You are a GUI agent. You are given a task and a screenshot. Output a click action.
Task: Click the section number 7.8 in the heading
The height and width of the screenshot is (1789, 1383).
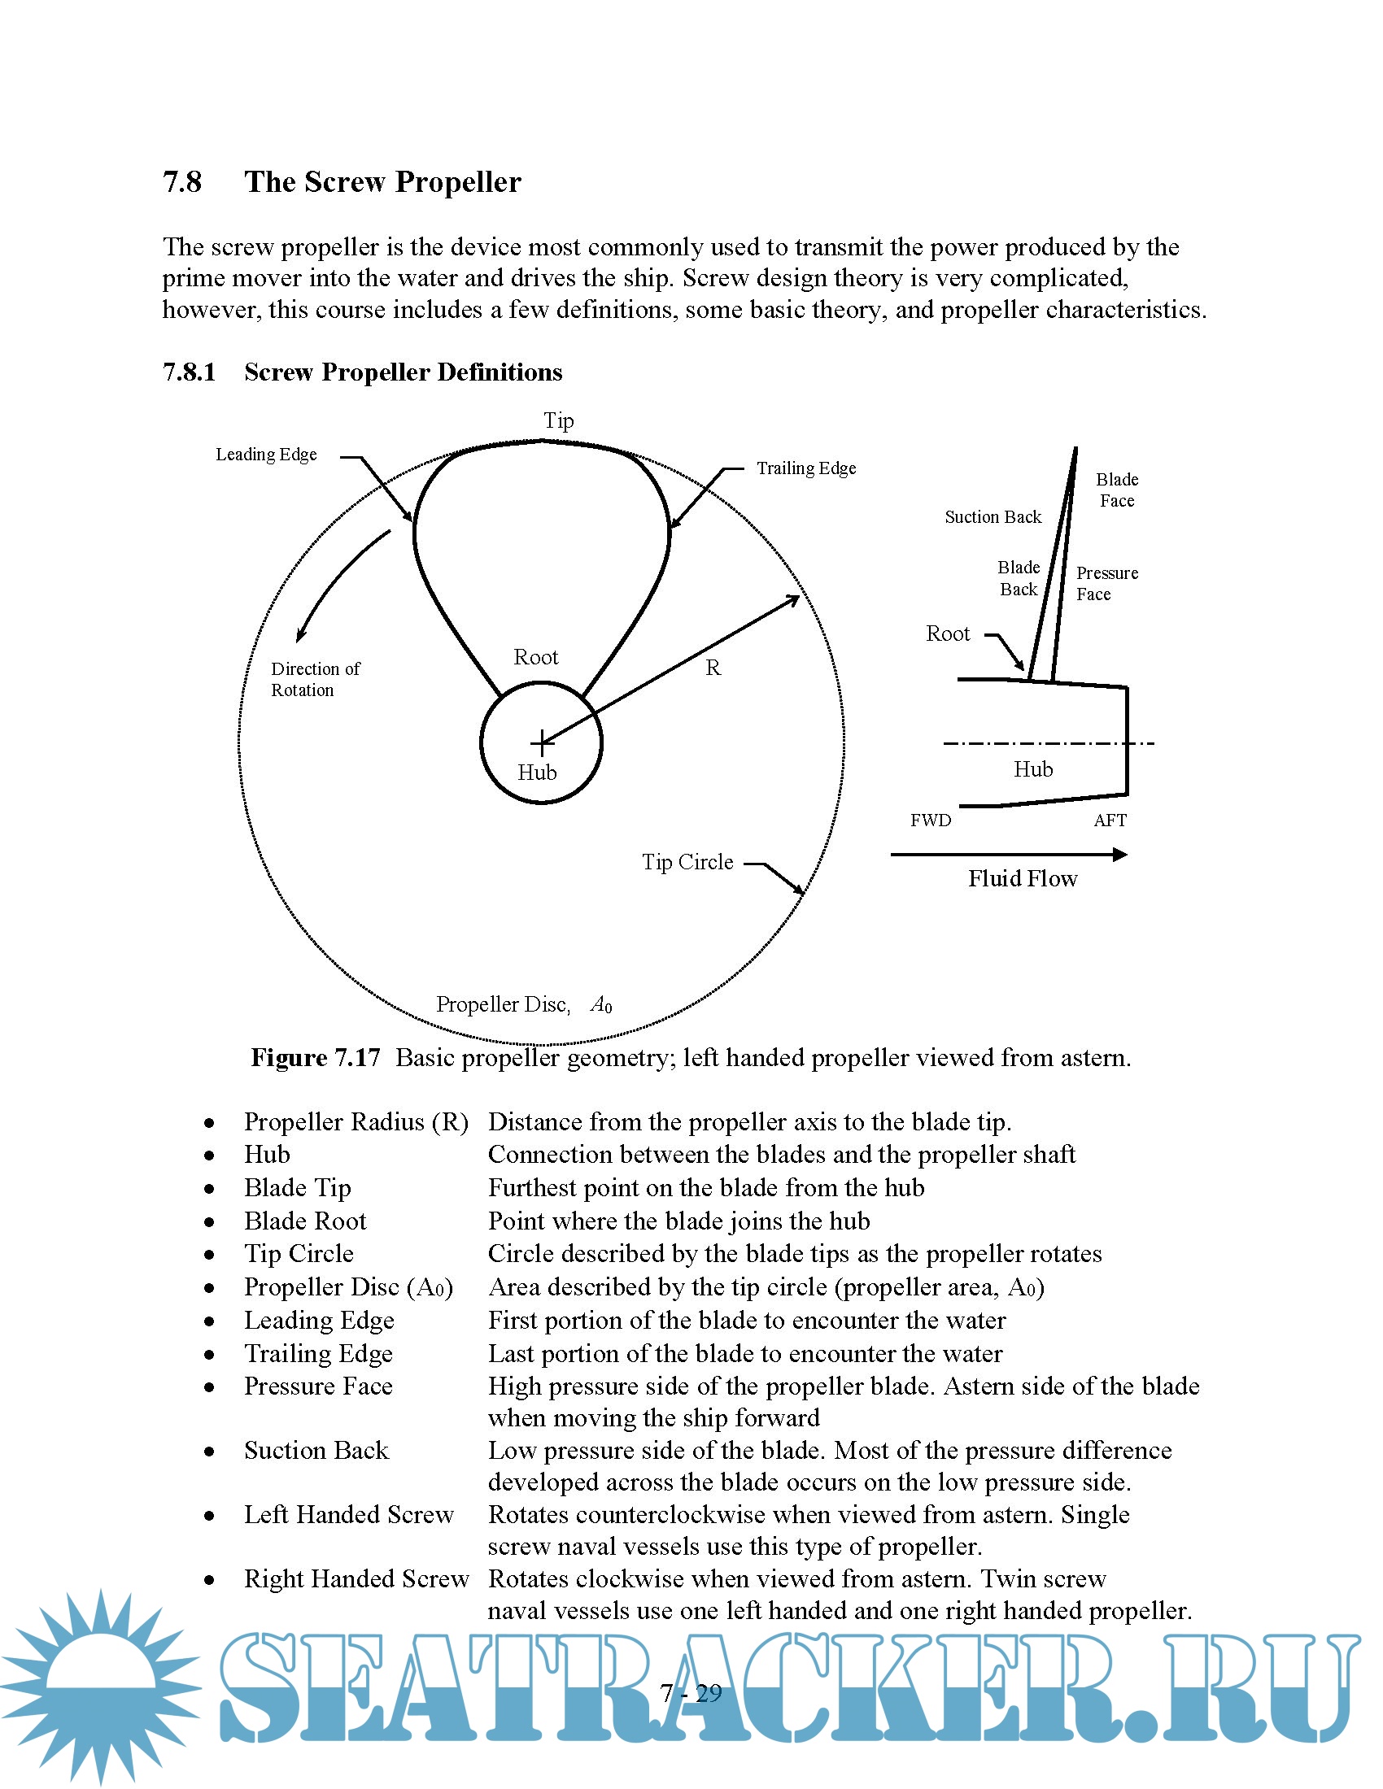(x=182, y=182)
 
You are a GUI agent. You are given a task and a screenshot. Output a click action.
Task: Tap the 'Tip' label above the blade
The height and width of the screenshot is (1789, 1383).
(x=558, y=421)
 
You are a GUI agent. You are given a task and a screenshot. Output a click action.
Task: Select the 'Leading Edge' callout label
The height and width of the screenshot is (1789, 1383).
(x=266, y=455)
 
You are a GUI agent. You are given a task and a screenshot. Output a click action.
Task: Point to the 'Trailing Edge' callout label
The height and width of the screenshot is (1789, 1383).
(x=806, y=468)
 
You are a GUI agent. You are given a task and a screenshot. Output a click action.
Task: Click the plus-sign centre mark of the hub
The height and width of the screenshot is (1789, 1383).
(x=542, y=743)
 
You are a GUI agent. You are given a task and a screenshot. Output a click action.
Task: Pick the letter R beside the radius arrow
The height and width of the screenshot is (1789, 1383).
(x=713, y=668)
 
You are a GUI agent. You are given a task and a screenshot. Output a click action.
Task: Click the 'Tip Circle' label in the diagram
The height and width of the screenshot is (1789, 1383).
(x=687, y=863)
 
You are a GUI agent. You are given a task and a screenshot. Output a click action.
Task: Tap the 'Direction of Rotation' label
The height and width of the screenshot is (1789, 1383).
(x=316, y=679)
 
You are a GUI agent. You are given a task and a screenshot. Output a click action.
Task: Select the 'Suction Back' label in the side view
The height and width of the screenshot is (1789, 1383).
(x=993, y=517)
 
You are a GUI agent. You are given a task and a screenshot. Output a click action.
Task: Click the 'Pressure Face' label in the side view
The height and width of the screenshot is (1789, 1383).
(x=1106, y=583)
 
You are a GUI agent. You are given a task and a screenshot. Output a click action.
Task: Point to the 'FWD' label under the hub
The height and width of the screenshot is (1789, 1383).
(x=931, y=821)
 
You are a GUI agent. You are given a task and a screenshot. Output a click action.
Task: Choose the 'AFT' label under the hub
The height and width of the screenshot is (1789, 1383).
(x=1110, y=821)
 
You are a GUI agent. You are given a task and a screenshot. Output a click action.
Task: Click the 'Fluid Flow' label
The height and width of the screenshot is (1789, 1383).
(x=1023, y=879)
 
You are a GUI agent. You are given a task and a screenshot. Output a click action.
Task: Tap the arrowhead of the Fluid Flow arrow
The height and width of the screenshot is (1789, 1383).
(x=1120, y=855)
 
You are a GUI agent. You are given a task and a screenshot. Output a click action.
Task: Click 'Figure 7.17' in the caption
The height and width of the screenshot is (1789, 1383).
(x=316, y=1058)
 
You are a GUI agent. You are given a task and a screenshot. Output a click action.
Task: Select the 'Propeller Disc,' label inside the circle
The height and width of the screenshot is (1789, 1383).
(x=503, y=1005)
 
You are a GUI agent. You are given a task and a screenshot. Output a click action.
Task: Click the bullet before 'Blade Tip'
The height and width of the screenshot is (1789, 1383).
(x=210, y=1189)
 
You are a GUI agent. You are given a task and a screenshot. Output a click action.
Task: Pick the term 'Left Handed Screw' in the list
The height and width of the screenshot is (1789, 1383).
(x=348, y=1515)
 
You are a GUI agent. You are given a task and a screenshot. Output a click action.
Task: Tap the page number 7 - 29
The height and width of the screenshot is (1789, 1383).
(x=691, y=1693)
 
